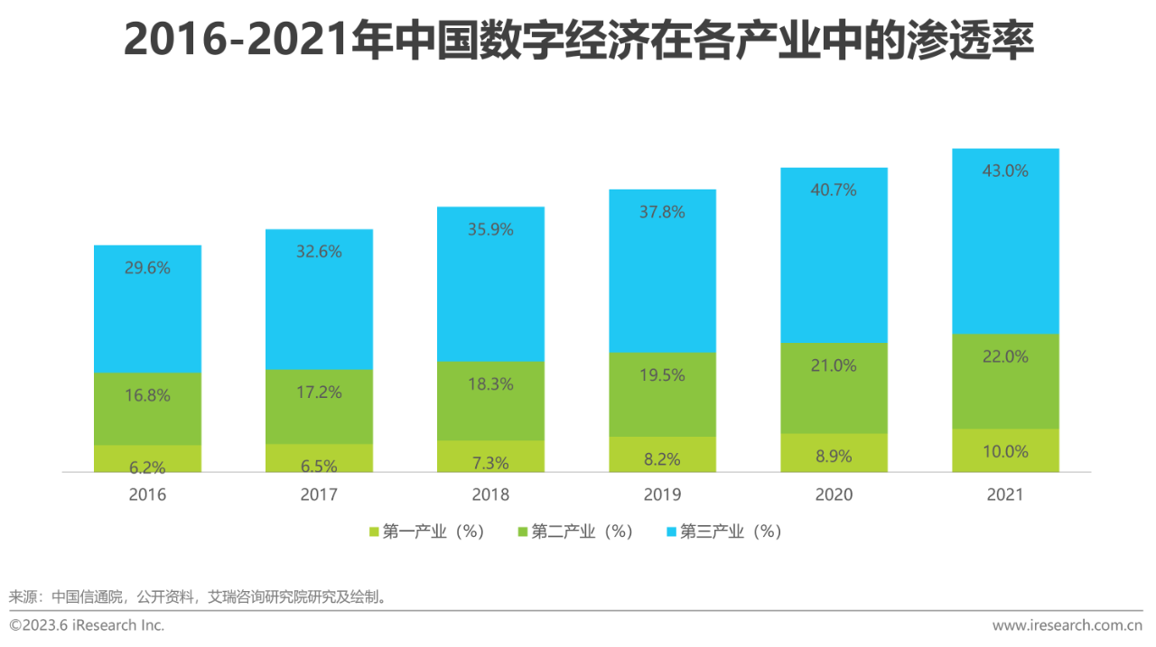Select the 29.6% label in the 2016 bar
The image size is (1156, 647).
click(147, 268)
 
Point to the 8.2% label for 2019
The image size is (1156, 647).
click(662, 459)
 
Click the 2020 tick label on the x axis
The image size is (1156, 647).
click(834, 494)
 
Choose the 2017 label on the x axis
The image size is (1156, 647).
click(319, 494)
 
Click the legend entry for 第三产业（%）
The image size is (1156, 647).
click(730, 531)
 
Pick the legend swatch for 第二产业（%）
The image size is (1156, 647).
click(523, 532)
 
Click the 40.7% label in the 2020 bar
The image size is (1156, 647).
click(834, 190)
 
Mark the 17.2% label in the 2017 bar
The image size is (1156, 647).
click(319, 393)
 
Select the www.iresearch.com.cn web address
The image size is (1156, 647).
click(1067, 625)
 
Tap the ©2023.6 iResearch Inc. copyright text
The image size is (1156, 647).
click(87, 625)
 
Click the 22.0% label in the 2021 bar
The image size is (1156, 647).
click(1005, 357)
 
